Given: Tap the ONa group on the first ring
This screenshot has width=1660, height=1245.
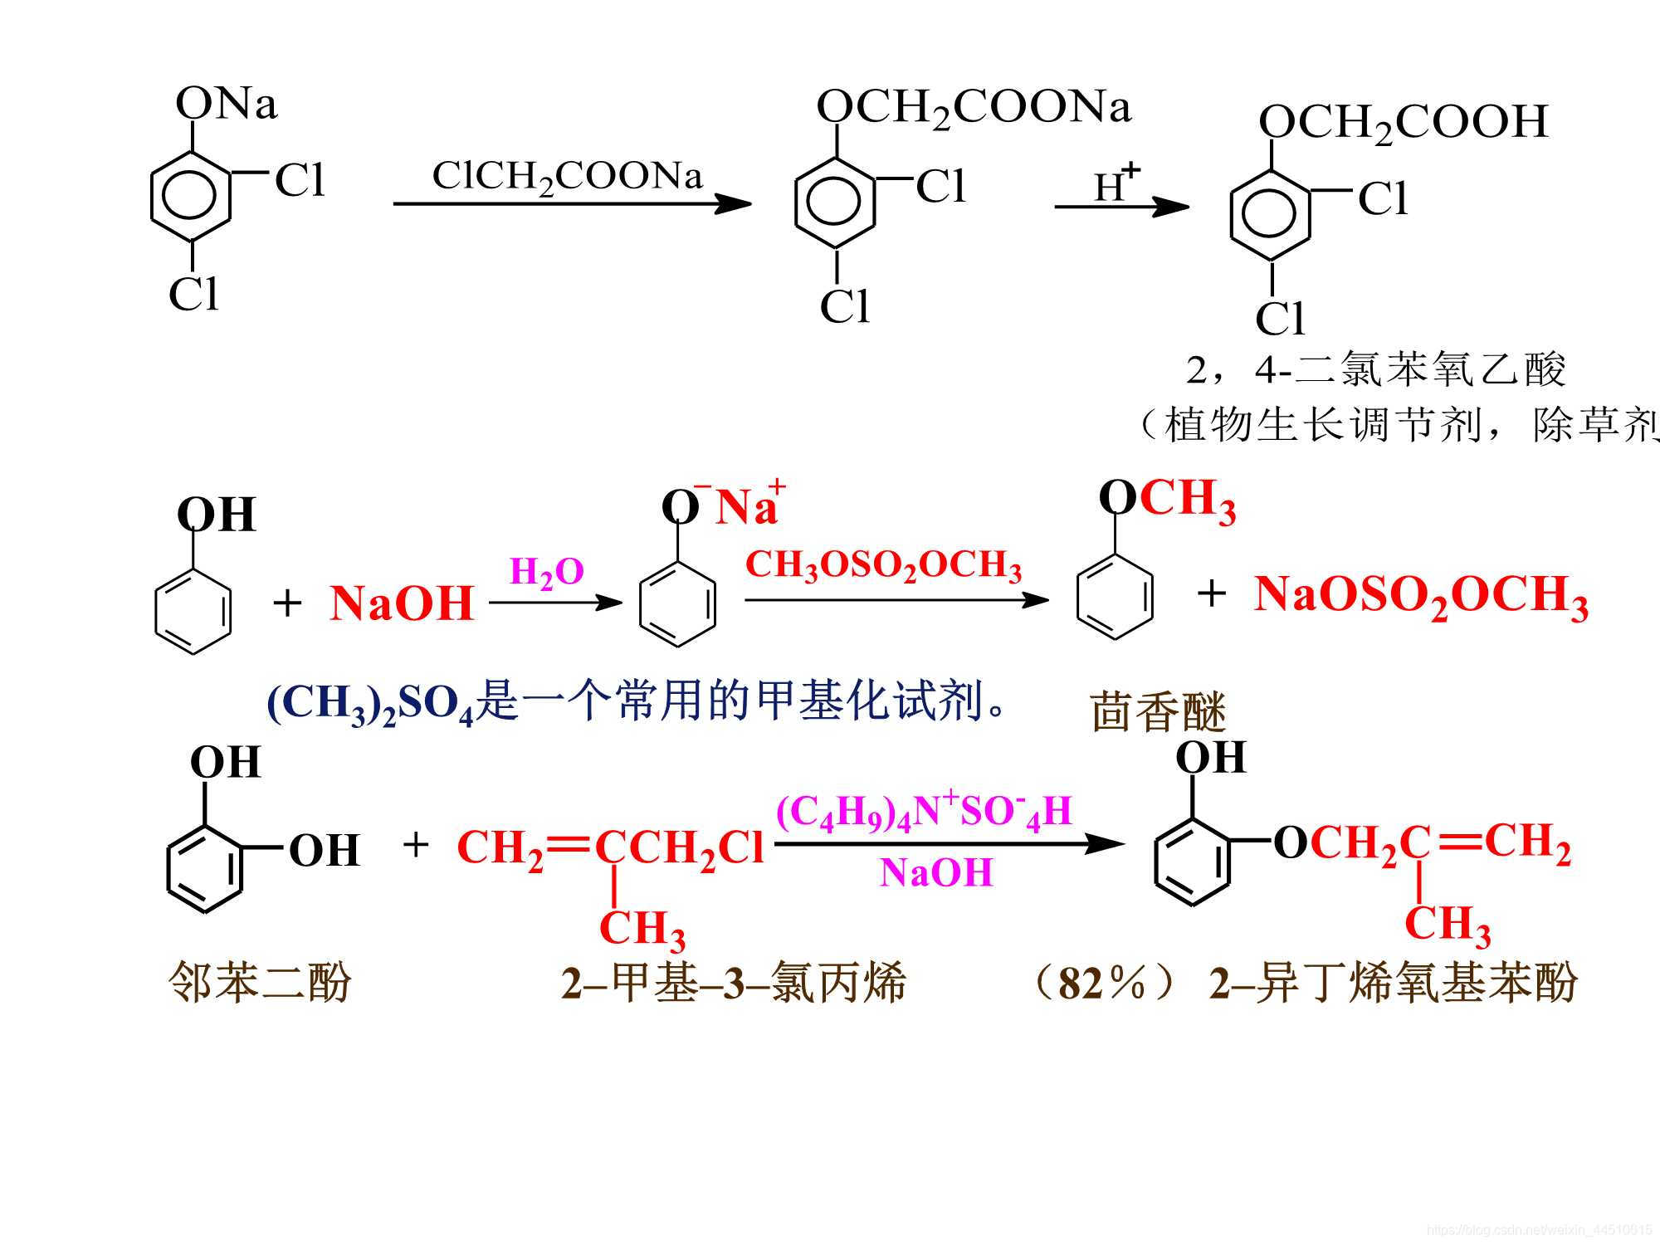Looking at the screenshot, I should [226, 105].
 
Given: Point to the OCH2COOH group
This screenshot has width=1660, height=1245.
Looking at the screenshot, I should [1403, 123].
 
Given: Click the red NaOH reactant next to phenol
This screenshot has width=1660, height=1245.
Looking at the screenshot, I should [402, 603].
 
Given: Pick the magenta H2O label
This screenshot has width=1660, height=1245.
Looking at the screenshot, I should [546, 572].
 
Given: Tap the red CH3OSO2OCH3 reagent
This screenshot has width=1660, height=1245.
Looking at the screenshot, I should [883, 566].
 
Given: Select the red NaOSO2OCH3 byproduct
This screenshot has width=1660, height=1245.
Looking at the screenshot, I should [1421, 597].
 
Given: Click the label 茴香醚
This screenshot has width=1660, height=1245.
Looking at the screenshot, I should [1158, 711].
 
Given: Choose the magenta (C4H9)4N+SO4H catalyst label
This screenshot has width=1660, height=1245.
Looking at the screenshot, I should [923, 811].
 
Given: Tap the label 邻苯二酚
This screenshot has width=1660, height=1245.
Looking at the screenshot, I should [260, 983].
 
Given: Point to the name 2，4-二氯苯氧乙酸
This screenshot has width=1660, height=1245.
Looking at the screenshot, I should [1375, 370].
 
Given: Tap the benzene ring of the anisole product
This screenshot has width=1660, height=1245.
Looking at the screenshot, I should [1114, 595].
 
